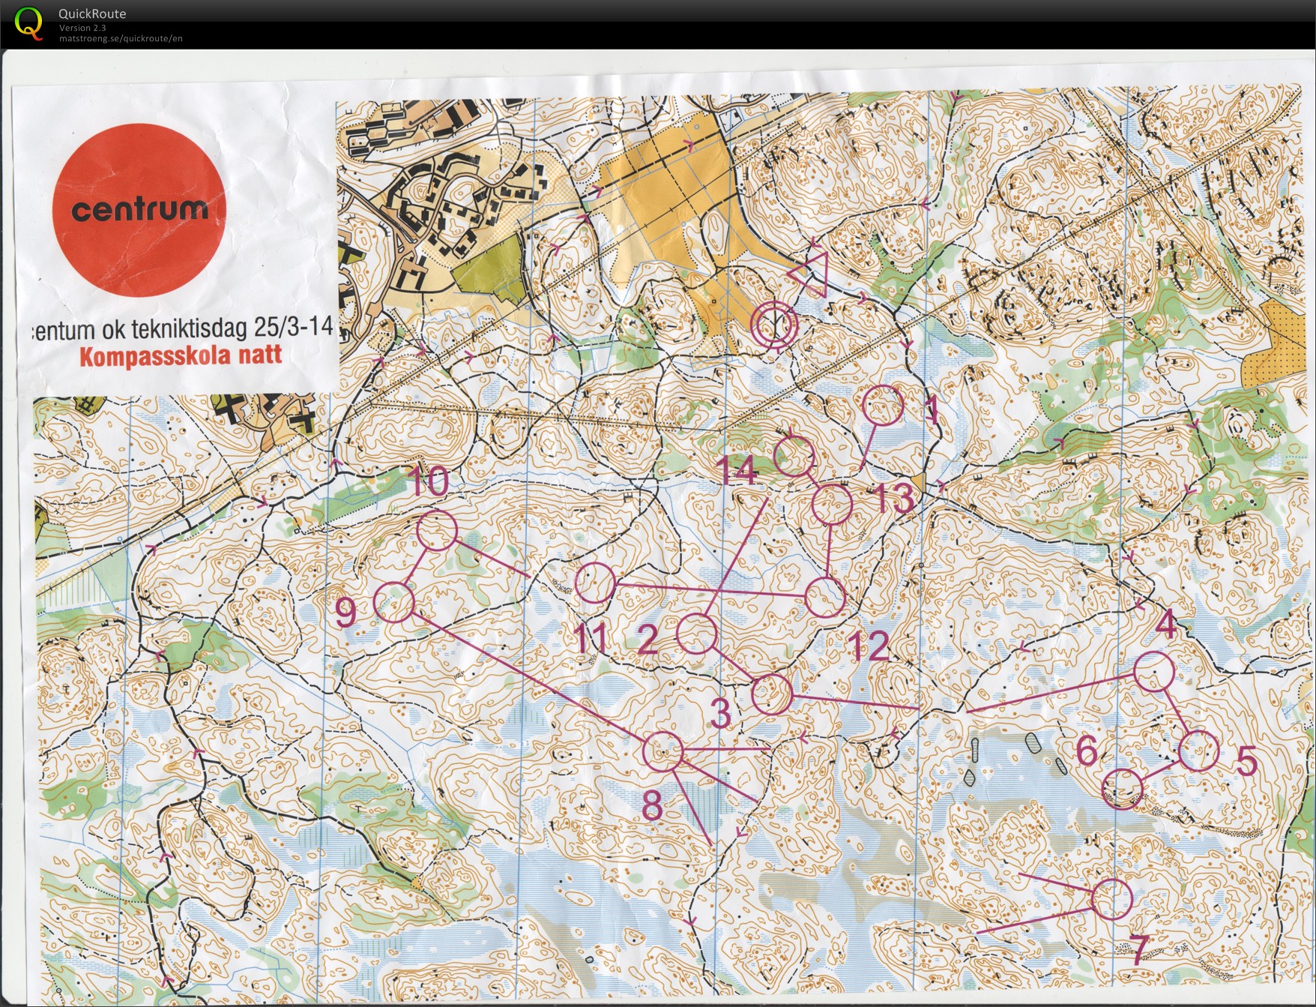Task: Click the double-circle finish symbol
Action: (x=774, y=325)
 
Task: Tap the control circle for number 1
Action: (x=884, y=406)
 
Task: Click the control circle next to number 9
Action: (x=394, y=603)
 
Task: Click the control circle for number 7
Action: (x=1111, y=899)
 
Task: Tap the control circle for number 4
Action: (x=1153, y=671)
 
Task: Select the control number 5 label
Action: (x=1246, y=762)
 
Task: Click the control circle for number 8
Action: (x=663, y=751)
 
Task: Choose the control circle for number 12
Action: (x=825, y=598)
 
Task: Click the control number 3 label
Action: (x=720, y=713)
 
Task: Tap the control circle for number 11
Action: (x=595, y=583)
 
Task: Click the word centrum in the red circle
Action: (x=139, y=209)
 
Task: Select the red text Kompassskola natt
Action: (x=181, y=355)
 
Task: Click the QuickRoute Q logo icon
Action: (x=28, y=22)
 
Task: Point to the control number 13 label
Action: (x=894, y=499)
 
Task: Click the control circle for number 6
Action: (x=1123, y=789)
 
